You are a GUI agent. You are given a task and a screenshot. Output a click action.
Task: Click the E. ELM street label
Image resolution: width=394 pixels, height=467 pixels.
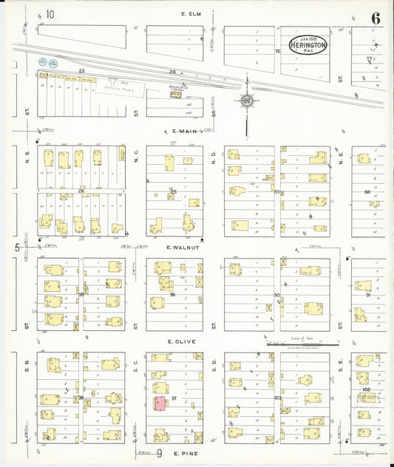coord(191,13)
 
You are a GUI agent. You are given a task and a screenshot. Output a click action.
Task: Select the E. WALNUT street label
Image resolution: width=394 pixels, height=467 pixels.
coord(180,247)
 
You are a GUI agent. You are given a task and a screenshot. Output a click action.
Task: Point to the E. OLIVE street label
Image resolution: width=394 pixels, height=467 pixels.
coord(180,341)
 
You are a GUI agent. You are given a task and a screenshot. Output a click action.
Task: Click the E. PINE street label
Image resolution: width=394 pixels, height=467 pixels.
coord(179,451)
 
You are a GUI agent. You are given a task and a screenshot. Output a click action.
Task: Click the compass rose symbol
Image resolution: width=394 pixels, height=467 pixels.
coord(246,100)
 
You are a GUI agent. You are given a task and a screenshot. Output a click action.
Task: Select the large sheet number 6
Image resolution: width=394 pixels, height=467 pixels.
coord(376,18)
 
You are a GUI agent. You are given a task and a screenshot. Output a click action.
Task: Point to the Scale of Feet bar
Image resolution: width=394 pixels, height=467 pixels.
coord(302,343)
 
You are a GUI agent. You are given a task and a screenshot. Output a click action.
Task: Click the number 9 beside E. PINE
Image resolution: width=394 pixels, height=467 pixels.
coord(159,451)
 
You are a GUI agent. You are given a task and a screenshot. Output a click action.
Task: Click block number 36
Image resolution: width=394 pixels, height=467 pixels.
coord(172,294)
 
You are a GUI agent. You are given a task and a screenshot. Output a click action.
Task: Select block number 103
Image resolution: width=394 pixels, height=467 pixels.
coord(277,398)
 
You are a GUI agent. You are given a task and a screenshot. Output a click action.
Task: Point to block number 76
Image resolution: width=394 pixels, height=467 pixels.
coord(278,52)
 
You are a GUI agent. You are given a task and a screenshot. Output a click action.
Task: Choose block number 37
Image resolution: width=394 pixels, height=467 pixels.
coord(174,398)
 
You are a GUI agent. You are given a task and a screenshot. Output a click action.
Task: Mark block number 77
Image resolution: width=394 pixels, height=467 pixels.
coord(367,58)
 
